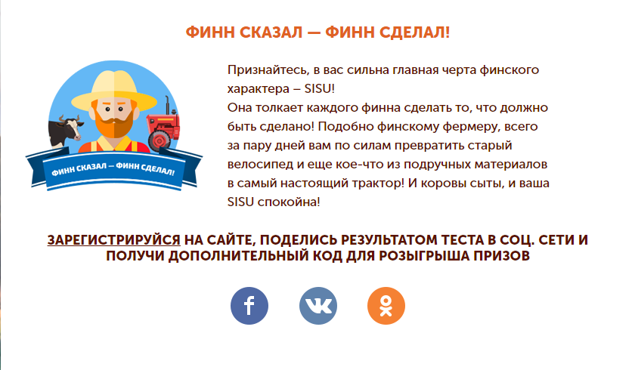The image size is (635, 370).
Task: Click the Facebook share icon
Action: point(249,306)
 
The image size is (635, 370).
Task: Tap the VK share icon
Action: point(318,306)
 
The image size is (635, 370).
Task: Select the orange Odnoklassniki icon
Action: point(386,306)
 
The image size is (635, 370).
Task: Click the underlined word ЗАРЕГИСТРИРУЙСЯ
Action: point(114,240)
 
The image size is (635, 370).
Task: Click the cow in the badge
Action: point(65,131)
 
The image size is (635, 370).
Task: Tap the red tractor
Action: point(163,125)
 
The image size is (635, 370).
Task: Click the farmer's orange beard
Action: point(114,123)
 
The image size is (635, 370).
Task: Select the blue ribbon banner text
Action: point(113,169)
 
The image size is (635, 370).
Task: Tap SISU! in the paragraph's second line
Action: point(320,88)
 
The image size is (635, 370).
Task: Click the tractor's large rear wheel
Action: point(160,140)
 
